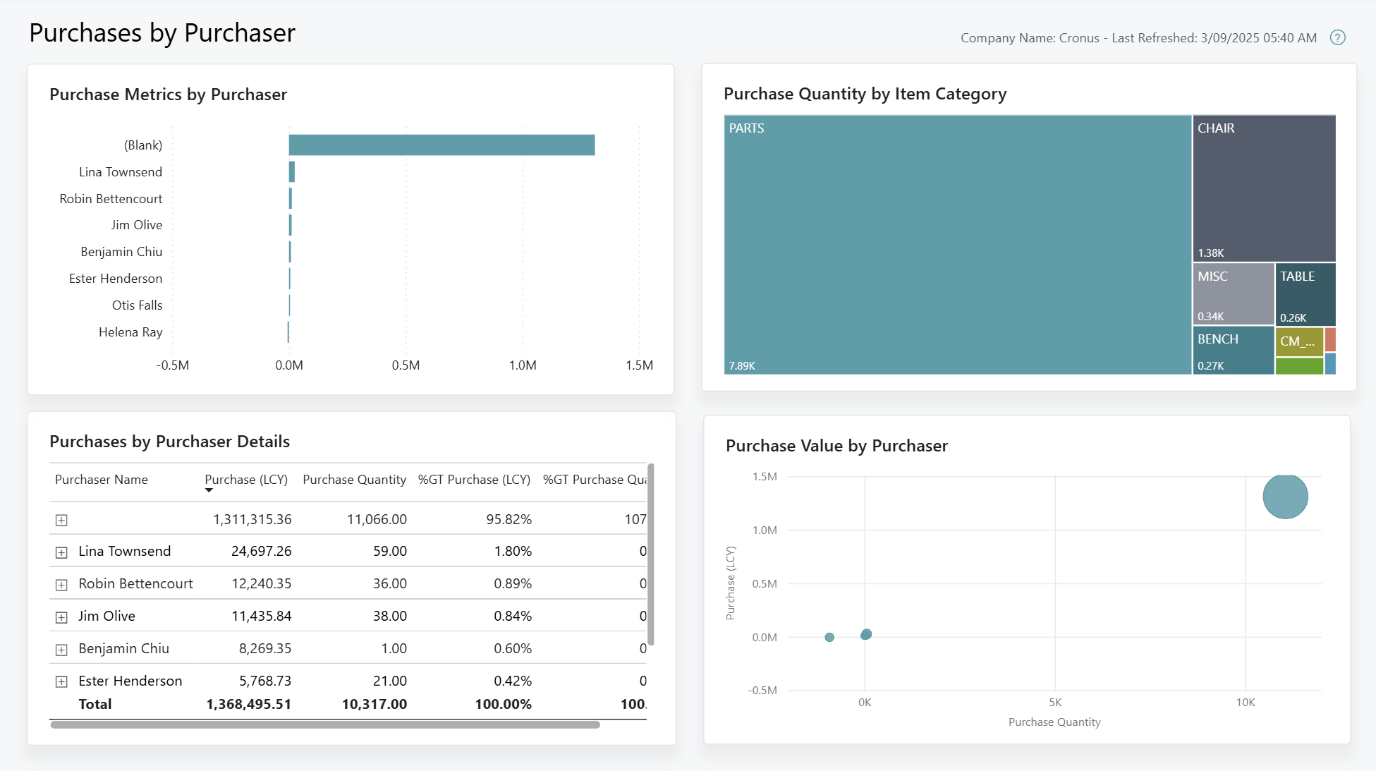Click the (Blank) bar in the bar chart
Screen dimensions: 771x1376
(442, 145)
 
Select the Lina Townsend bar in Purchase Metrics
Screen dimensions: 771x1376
(292, 172)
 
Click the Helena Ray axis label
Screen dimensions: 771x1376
(130, 332)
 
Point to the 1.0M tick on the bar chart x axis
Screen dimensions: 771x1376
(523, 365)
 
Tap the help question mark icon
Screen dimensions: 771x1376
(1337, 38)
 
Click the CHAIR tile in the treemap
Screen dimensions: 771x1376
(1264, 188)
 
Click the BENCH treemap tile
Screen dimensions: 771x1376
(1233, 350)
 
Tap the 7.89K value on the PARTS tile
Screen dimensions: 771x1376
(742, 366)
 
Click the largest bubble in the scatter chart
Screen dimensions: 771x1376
(1285, 497)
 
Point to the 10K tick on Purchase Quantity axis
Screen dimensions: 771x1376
(1246, 703)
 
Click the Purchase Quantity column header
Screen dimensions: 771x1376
(354, 480)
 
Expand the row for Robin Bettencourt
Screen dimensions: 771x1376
(61, 585)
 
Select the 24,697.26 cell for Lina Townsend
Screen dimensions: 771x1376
(261, 552)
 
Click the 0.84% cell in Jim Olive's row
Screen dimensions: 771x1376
(513, 617)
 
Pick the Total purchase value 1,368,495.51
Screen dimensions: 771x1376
(248, 705)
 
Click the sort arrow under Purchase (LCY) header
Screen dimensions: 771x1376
(209, 490)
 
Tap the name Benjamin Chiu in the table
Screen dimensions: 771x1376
(123, 649)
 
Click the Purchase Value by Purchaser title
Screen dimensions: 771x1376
(836, 446)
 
